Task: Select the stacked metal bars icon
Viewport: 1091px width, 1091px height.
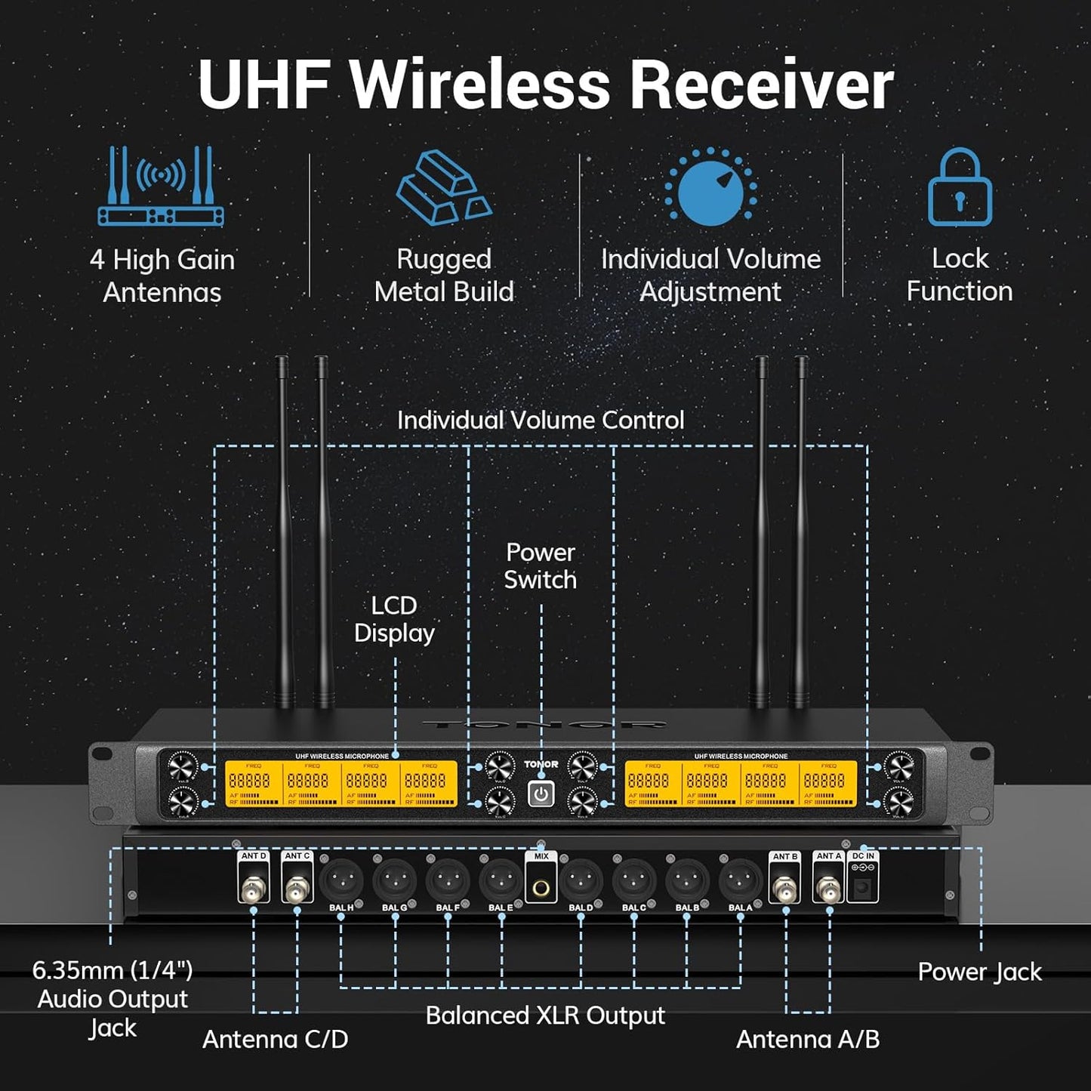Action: (x=444, y=187)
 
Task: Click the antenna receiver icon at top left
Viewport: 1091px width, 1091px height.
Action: (x=161, y=186)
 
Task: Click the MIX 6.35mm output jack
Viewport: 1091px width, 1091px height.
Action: (x=541, y=888)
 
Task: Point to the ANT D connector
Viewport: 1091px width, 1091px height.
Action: (x=254, y=888)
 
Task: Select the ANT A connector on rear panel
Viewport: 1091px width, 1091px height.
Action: (x=828, y=888)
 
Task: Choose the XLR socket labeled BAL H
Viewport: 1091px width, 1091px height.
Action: (x=341, y=880)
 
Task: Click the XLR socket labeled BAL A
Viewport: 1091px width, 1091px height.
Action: (x=741, y=880)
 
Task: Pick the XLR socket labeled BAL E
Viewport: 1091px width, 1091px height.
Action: (x=501, y=880)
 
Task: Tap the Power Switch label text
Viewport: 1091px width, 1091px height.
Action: (x=541, y=566)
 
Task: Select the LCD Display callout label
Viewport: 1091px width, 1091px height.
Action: (x=394, y=619)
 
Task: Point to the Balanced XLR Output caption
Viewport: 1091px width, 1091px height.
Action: (x=545, y=1015)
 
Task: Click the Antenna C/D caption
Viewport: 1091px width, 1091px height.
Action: (x=276, y=1040)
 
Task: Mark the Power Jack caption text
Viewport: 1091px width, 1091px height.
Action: (x=979, y=972)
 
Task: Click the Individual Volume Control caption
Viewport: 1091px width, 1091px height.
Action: (x=541, y=421)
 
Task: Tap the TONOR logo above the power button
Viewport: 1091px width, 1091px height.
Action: (x=541, y=764)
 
